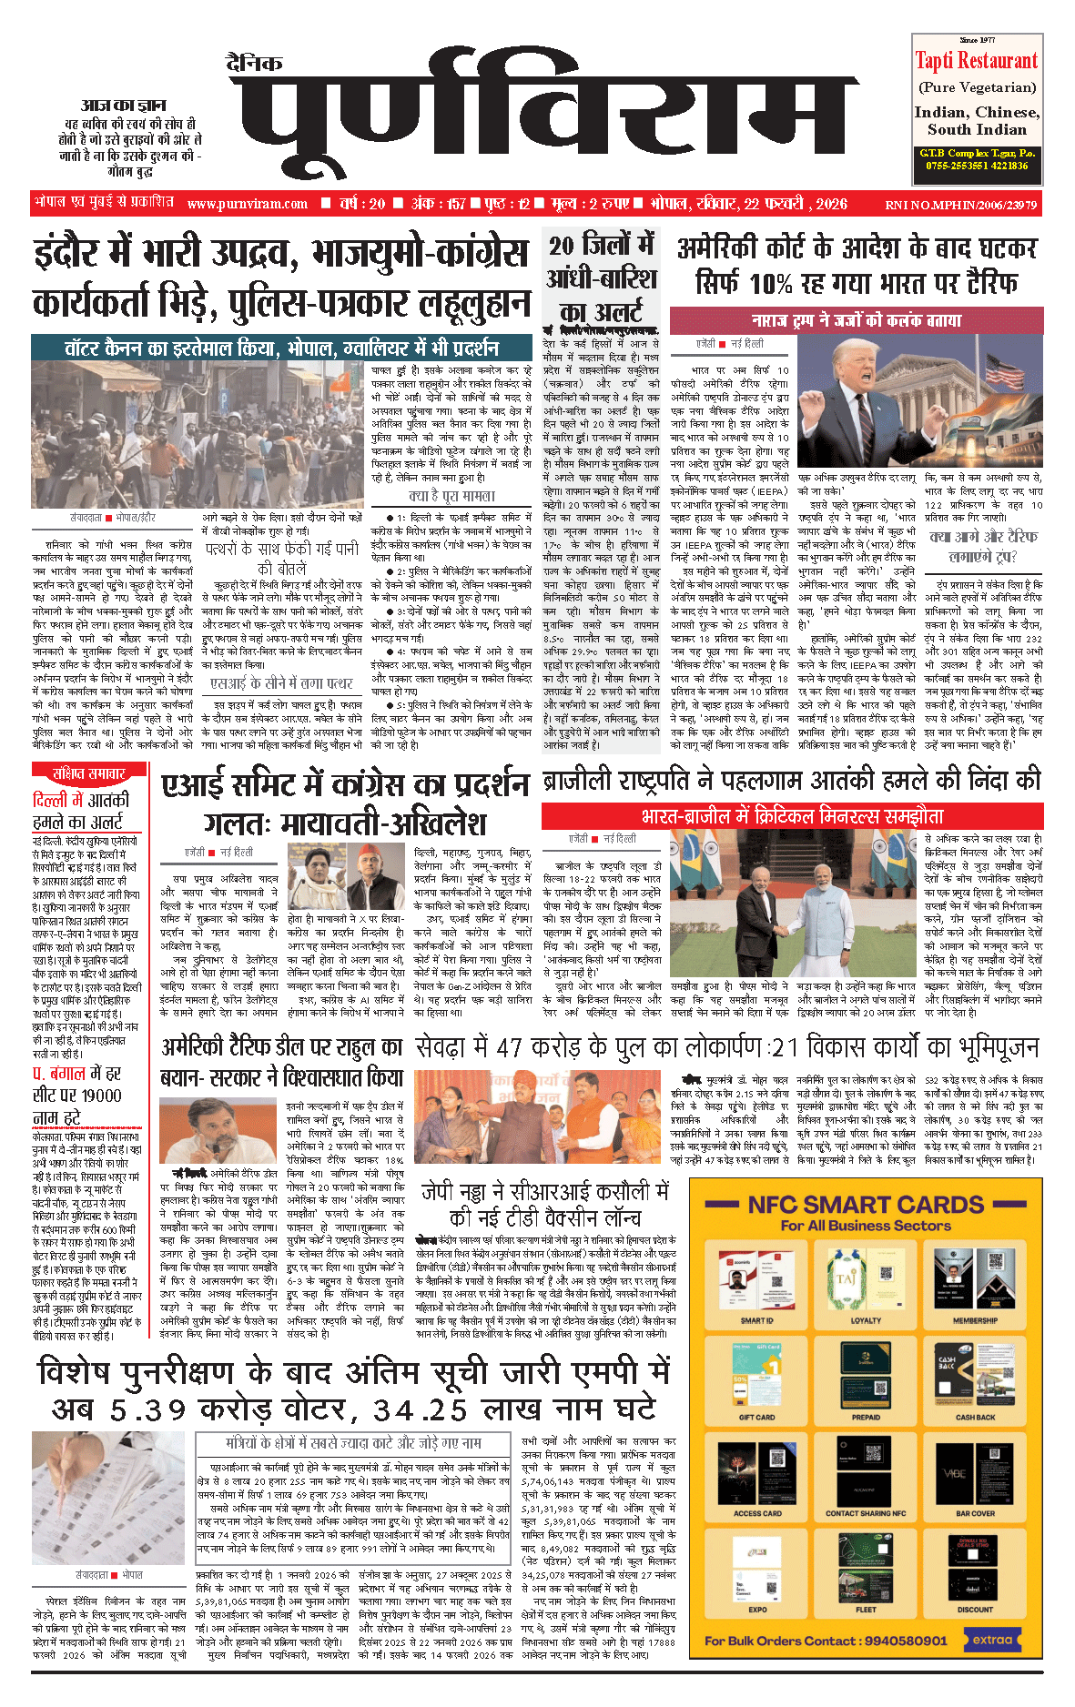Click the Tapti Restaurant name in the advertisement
976,61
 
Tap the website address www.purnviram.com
247,204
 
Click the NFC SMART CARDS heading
866,1205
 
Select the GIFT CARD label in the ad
756,1417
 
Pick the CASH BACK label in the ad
975,1417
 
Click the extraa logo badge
992,1640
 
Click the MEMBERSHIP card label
975,1320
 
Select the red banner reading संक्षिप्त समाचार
88,773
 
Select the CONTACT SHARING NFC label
866,1513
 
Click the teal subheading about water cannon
281,348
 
